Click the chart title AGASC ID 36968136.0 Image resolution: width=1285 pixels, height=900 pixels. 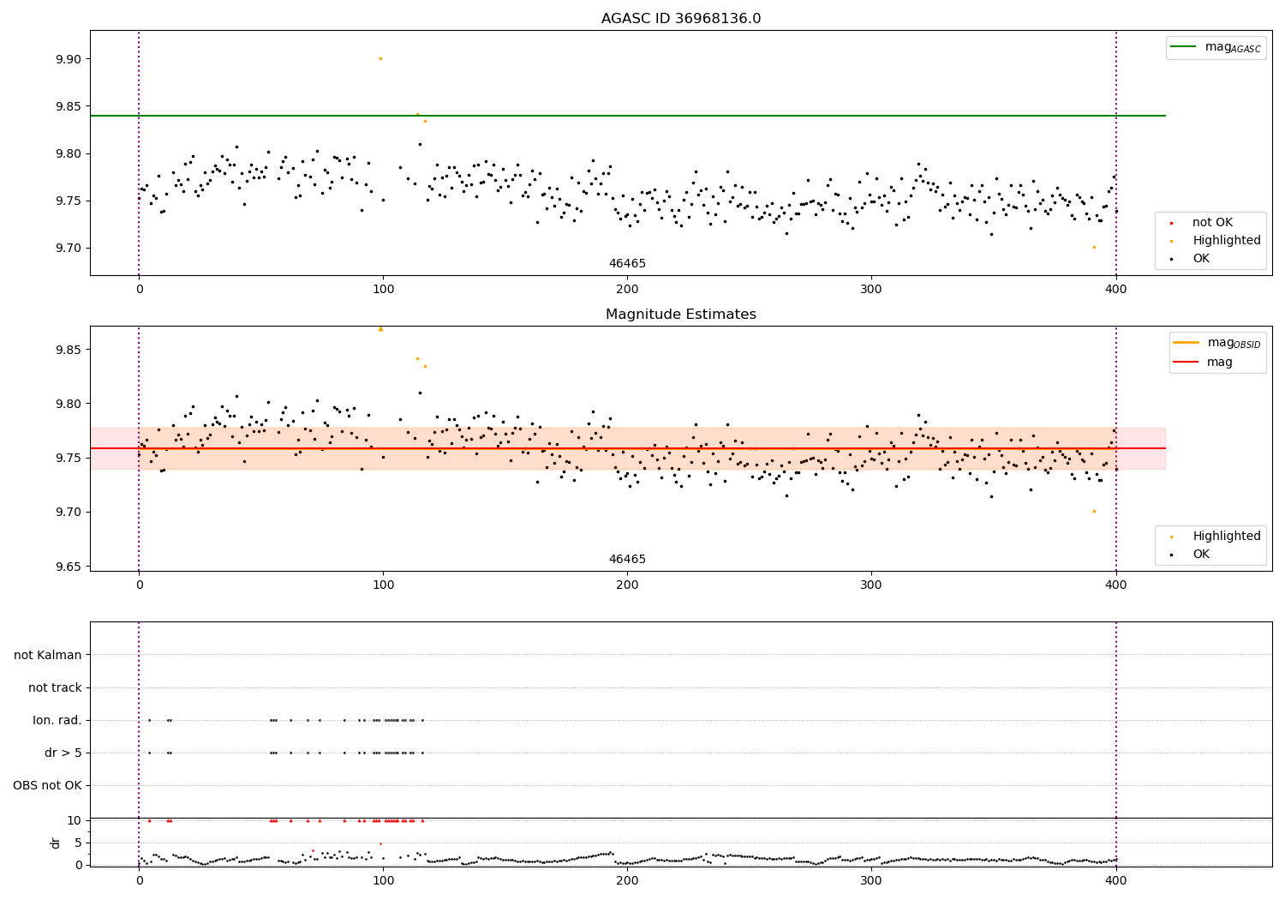click(681, 18)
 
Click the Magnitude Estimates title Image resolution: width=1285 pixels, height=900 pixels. click(681, 314)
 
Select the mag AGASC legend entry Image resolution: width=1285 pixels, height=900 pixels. click(1216, 47)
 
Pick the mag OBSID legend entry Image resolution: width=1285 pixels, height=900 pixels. click(1217, 343)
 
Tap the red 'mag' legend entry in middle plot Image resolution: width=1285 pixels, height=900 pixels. click(1204, 362)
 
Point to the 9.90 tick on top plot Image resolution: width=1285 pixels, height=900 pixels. click(69, 59)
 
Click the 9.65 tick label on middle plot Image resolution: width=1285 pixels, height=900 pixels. click(69, 567)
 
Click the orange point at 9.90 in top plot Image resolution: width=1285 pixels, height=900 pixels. click(381, 58)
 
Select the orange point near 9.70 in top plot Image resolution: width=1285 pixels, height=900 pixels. click(1094, 248)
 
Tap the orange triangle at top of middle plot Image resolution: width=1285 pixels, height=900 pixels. click(381, 329)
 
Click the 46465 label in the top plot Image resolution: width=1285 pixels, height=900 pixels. click(627, 263)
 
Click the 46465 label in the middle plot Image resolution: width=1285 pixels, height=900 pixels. click(627, 559)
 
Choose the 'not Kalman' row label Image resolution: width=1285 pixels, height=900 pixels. click(48, 655)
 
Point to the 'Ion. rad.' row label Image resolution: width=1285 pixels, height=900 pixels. click(57, 720)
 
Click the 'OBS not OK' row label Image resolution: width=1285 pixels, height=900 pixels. click(48, 785)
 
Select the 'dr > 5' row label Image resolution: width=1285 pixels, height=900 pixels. click(63, 753)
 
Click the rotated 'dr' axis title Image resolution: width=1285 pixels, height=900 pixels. click(55, 843)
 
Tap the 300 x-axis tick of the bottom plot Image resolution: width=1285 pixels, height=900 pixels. click(871, 881)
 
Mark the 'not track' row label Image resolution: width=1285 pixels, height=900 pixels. click(55, 687)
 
